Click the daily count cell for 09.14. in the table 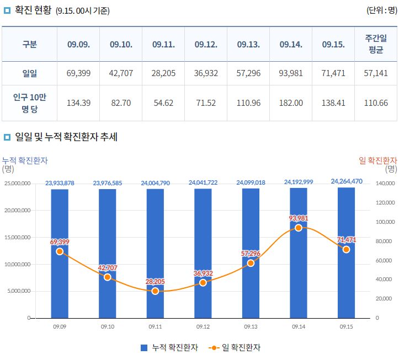(291, 73)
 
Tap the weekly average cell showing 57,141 (376, 73)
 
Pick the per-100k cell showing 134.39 (78, 103)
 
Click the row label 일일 (30, 73)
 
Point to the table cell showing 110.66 (376, 103)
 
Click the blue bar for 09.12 (203, 248)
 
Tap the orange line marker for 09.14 (299, 228)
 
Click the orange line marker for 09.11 (155, 291)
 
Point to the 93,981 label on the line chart (299, 218)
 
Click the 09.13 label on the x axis (251, 327)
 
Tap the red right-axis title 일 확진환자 (377, 160)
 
